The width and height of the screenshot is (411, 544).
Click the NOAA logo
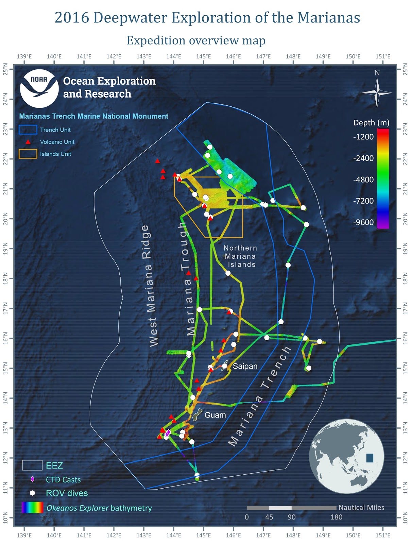coord(39,88)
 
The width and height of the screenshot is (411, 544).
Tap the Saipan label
coord(245,366)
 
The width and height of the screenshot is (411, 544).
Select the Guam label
coord(215,415)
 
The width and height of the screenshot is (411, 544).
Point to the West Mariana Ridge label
coord(150,286)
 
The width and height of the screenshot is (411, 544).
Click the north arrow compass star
coord(377,92)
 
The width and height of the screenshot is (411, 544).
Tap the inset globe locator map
coord(346,456)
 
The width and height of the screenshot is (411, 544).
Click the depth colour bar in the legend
coord(383,178)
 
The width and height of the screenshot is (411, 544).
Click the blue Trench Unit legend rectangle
coord(28,130)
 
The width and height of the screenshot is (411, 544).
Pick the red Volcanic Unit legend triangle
coord(28,142)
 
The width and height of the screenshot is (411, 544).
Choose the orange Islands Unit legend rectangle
coord(28,154)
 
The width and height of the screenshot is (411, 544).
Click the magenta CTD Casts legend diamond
coord(32,479)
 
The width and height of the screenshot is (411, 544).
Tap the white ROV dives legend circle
coord(32,493)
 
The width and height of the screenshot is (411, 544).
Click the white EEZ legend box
coord(32,465)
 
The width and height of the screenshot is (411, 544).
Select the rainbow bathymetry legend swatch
coord(32,507)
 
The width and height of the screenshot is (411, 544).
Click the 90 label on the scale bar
coord(291,517)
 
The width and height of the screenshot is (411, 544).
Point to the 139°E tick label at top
coord(24,56)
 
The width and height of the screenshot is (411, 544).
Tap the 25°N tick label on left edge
coord(5,69)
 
